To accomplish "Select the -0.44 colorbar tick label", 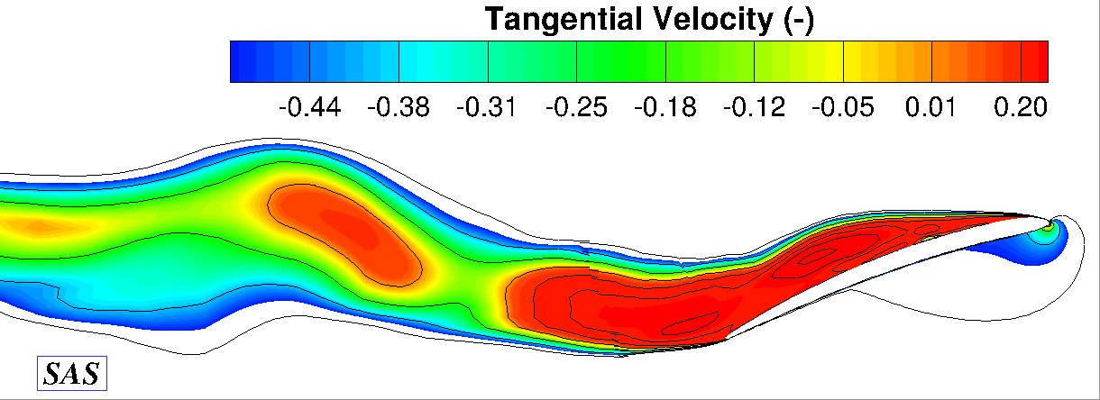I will pyautogui.click(x=309, y=108).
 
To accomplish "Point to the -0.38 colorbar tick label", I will pyautogui.click(x=399, y=108).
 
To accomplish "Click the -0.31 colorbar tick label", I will pyautogui.click(x=487, y=108).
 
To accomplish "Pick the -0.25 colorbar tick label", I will pyautogui.click(x=576, y=108).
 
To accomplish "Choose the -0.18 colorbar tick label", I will pyautogui.click(x=665, y=108).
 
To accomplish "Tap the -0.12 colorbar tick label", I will pyautogui.click(x=754, y=108).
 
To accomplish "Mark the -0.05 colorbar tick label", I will pyautogui.click(x=842, y=108).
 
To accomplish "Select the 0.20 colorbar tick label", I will pyautogui.click(x=1022, y=108).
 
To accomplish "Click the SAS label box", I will pyautogui.click(x=72, y=373).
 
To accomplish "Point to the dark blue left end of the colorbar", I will pyautogui.click(x=243, y=61).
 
